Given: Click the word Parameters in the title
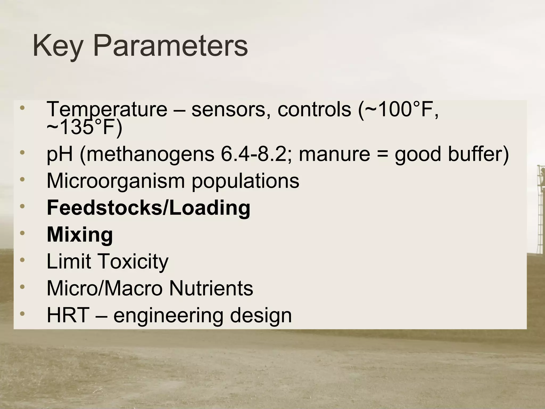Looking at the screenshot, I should click(170, 46).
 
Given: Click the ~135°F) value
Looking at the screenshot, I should click(84, 128).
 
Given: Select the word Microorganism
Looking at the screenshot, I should click(115, 181).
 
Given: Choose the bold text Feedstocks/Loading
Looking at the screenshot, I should click(148, 208).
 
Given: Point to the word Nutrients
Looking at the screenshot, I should click(211, 288).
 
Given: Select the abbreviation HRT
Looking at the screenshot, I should click(68, 315).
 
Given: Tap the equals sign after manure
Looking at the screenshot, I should click(382, 155).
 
